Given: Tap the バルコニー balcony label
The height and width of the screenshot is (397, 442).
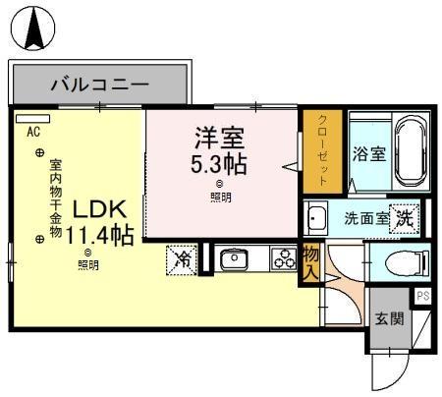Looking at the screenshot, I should [x=98, y=85].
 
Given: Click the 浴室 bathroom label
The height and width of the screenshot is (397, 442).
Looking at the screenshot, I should [x=368, y=154].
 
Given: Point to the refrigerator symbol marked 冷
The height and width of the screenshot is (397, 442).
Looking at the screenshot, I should [x=183, y=258].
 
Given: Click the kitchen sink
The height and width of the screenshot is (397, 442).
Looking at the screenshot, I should [x=234, y=259].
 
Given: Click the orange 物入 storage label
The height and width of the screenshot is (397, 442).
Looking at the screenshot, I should [x=310, y=262].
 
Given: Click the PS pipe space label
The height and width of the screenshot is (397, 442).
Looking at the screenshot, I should [x=423, y=295].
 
